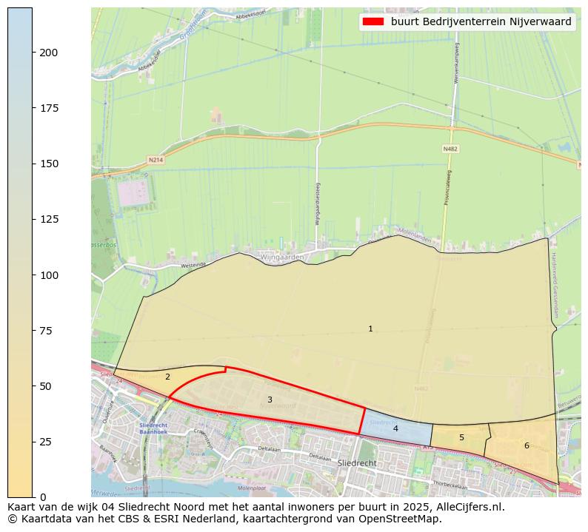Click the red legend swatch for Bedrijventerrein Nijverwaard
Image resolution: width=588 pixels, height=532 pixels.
click(373, 21)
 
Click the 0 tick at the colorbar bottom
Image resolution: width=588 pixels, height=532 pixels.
click(44, 497)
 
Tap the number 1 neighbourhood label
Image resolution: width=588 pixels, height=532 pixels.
click(370, 329)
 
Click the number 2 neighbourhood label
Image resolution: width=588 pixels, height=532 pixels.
click(167, 377)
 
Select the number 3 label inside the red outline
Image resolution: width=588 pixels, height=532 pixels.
click(270, 400)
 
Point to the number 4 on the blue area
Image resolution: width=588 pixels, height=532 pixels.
click(395, 428)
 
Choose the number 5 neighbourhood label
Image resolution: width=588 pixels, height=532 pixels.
click(461, 437)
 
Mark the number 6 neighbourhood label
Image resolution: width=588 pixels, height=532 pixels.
click(527, 445)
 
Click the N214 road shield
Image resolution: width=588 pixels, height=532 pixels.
click(155, 160)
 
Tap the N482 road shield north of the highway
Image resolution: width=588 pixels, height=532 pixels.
click(450, 149)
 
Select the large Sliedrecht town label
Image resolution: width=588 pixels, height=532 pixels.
click(357, 463)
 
